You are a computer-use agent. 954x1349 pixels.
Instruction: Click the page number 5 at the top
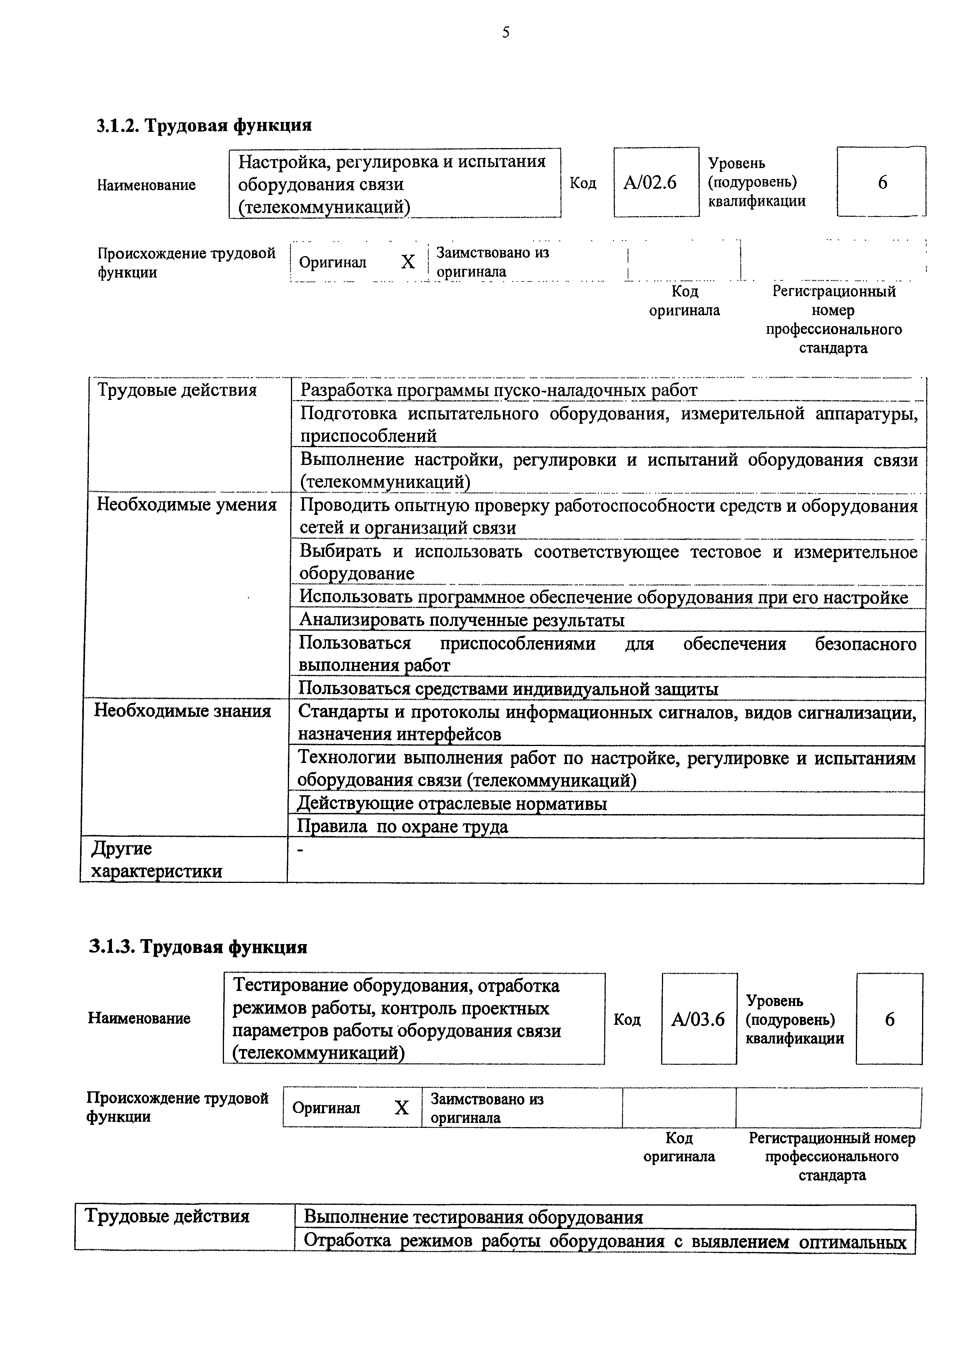pyautogui.click(x=506, y=32)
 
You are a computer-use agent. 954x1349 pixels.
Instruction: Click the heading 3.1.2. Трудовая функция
pyautogui.click(x=204, y=125)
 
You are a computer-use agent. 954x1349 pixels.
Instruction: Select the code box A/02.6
pyautogui.click(x=650, y=183)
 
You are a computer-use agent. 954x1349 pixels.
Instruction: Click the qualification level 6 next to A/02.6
pyautogui.click(x=882, y=183)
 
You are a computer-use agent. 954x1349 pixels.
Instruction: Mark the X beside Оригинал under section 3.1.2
pyautogui.click(x=408, y=262)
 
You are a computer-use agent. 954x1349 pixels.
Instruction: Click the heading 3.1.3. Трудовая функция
pyautogui.click(x=198, y=947)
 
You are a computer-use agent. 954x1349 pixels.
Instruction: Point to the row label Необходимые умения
pyautogui.click(x=186, y=505)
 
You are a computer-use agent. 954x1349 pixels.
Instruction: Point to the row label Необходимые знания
pyautogui.click(x=183, y=711)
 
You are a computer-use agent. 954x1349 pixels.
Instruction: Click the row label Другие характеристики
pyautogui.click(x=156, y=859)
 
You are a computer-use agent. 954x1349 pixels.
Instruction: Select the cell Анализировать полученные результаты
pyautogui.click(x=462, y=620)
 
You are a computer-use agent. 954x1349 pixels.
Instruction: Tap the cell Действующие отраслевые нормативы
pyautogui.click(x=452, y=803)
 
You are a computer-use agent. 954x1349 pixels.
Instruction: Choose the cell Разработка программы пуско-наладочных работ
pyautogui.click(x=498, y=390)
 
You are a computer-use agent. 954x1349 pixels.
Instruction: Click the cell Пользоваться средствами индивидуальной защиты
pyautogui.click(x=508, y=689)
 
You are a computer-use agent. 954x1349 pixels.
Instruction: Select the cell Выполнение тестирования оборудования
pyautogui.click(x=473, y=1217)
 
